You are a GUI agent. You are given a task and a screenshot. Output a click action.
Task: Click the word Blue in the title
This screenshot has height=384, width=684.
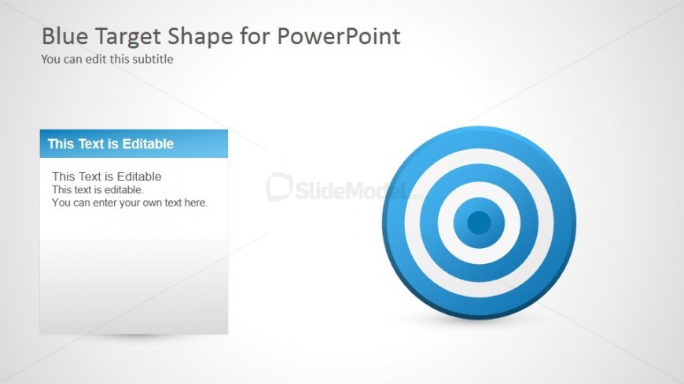click(x=65, y=36)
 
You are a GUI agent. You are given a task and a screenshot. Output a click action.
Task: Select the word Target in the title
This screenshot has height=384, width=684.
click(x=128, y=38)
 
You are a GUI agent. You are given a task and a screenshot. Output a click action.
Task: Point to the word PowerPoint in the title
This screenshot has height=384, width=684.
click(x=339, y=36)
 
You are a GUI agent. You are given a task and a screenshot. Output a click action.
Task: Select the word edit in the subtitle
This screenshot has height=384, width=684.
click(x=96, y=59)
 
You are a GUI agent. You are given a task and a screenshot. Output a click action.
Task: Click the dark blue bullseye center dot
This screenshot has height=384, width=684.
click(x=479, y=223)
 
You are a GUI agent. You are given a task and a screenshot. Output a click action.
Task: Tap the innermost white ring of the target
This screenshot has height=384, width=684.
click(x=479, y=189)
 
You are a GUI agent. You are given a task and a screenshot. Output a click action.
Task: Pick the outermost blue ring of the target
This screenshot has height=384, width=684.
click(x=479, y=137)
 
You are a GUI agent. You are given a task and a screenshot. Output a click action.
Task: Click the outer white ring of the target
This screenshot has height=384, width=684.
click(x=479, y=156)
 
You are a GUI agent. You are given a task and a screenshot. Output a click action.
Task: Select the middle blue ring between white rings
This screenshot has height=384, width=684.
click(x=479, y=173)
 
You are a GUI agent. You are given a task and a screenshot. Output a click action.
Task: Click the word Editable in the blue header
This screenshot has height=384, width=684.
click(x=148, y=144)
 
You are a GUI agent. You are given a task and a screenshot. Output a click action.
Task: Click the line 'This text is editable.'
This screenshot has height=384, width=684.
click(x=97, y=189)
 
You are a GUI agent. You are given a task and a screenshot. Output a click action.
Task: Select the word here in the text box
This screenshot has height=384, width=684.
click(x=196, y=203)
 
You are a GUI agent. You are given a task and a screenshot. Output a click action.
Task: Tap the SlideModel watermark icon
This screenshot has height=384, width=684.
click(x=279, y=187)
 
